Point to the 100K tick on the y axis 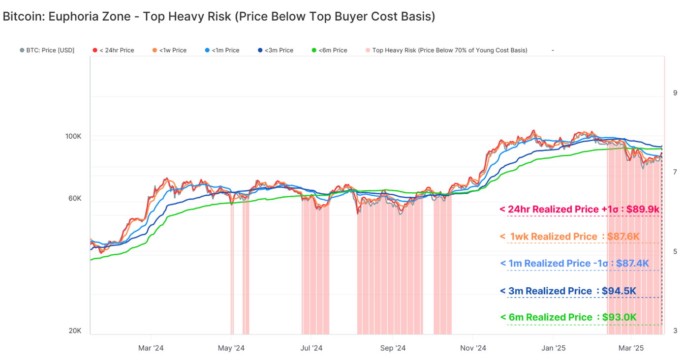click(x=73, y=136)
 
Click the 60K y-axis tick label click(x=75, y=199)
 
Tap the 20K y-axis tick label click(x=75, y=331)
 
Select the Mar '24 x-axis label click(x=151, y=348)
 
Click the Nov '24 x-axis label click(x=473, y=348)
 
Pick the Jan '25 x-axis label click(x=554, y=348)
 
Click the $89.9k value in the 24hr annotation click(x=643, y=210)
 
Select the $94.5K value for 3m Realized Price click(x=619, y=291)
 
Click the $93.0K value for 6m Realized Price click(x=619, y=318)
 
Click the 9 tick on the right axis click(x=675, y=93)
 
